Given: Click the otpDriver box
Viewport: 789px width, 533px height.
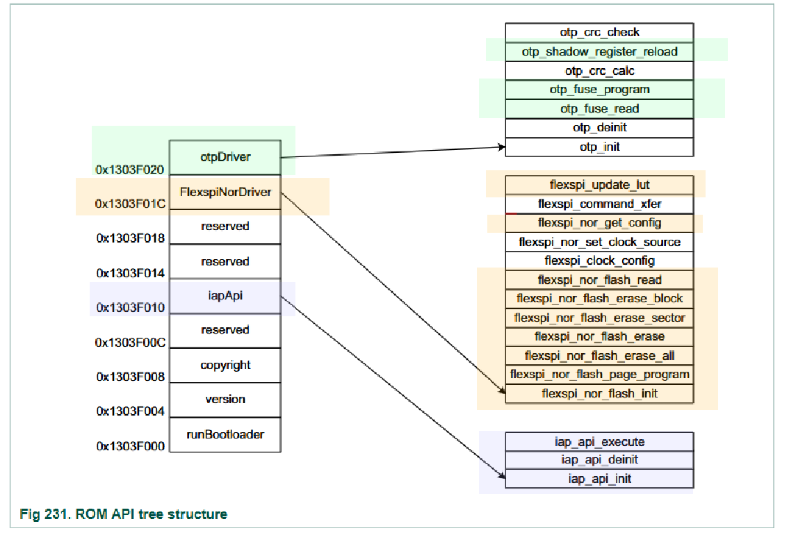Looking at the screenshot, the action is tap(225, 157).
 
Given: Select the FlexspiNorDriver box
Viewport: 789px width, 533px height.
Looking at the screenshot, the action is tap(225, 192).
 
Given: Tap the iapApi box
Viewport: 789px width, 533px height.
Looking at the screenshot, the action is tap(225, 296).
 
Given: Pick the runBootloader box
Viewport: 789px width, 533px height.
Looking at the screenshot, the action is tap(225, 435).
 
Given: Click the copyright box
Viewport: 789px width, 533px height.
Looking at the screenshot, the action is tap(225, 366).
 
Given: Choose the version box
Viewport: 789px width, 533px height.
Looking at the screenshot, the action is tap(225, 400).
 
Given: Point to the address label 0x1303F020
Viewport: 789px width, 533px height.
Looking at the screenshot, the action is tap(130, 170).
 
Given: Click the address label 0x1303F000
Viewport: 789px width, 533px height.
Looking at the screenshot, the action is tap(130, 446).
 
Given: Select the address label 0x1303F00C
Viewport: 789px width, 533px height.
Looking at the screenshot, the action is tap(130, 343).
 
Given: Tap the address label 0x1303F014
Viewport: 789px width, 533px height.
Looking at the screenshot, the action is tap(130, 273).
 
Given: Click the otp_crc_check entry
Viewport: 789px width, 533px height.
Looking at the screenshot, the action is tap(599, 33).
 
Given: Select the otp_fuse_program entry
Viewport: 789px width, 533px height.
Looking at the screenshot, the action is tap(599, 90).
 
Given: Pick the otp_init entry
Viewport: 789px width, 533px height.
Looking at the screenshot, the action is tap(599, 147).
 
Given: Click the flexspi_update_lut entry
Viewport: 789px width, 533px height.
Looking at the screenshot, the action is tap(599, 185).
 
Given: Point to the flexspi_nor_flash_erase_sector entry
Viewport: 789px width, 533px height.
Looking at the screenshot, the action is tap(599, 318).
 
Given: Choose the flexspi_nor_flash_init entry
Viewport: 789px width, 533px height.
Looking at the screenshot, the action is tap(599, 394).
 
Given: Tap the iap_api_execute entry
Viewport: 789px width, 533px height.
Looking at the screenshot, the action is tap(599, 442).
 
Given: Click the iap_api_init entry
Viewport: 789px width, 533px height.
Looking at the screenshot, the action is tap(599, 479).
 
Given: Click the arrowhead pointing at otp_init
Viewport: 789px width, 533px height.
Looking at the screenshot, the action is tap(502, 147).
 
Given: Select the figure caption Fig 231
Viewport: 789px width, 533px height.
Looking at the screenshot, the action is tap(123, 514).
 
